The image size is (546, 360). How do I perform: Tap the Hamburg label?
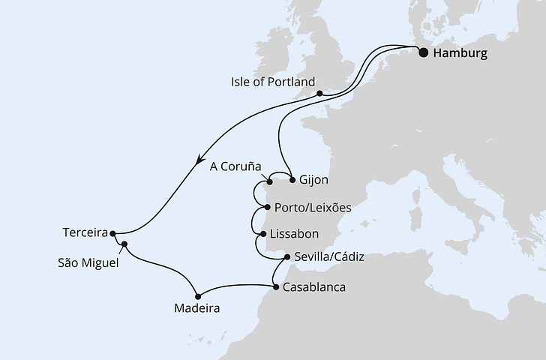coord(460,53)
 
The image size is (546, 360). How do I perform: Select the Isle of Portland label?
coord(274,81)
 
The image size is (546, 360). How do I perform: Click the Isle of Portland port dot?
coord(319,94)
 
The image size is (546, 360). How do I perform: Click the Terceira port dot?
coord(113,233)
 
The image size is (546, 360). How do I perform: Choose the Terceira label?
coord(85,232)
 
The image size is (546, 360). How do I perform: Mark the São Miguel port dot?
coord(124,244)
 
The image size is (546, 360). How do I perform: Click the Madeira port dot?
coord(198,295)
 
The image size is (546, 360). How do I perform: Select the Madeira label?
coord(198,308)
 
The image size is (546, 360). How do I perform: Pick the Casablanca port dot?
coord(276,286)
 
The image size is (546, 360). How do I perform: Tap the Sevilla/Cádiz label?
coord(329,256)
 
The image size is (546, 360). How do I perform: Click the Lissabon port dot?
coord(262,234)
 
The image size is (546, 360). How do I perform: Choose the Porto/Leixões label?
coord(313,206)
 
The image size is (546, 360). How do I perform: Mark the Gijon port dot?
coord(291,181)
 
